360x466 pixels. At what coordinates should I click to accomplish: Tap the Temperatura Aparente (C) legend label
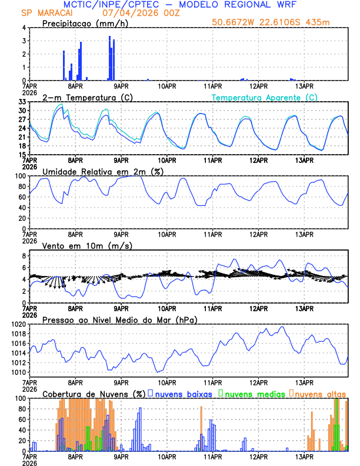click(x=264, y=97)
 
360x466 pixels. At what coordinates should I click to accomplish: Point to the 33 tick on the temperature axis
click(x=21, y=102)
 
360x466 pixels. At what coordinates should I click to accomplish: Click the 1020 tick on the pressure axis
click(x=18, y=324)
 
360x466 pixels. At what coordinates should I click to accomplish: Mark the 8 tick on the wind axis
click(x=24, y=256)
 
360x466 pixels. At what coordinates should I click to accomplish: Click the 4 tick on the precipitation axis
click(x=24, y=28)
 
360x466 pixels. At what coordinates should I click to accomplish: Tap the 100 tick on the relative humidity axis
click(x=19, y=176)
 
